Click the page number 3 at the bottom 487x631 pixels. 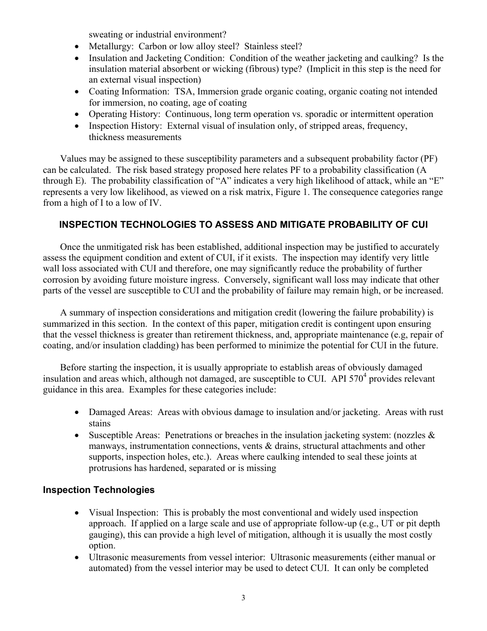click(243, 598)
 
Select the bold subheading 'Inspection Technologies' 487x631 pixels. click(98, 490)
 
